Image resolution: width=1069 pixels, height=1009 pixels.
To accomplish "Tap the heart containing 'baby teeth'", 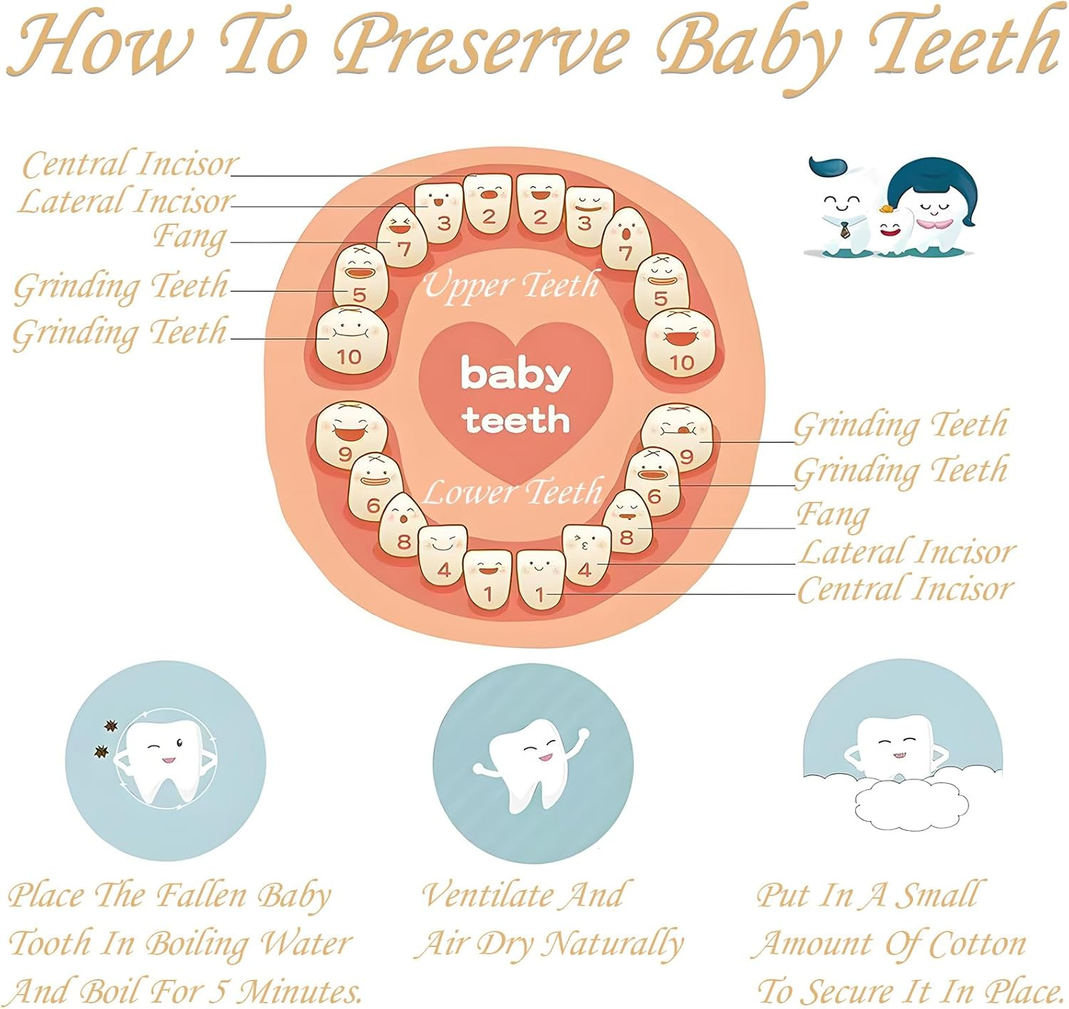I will pyautogui.click(x=515, y=399).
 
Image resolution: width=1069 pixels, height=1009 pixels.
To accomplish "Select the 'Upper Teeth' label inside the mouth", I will pyautogui.click(x=512, y=286).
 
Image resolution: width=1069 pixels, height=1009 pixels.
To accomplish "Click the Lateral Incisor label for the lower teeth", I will pyautogui.click(x=907, y=553).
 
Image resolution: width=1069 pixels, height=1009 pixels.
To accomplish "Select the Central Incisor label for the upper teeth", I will pyautogui.click(x=128, y=164).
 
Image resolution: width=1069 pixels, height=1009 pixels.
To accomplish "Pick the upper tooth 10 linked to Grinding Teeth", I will pyautogui.click(x=351, y=340).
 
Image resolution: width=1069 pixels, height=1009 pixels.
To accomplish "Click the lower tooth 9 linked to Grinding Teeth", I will pyautogui.click(x=678, y=436).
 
